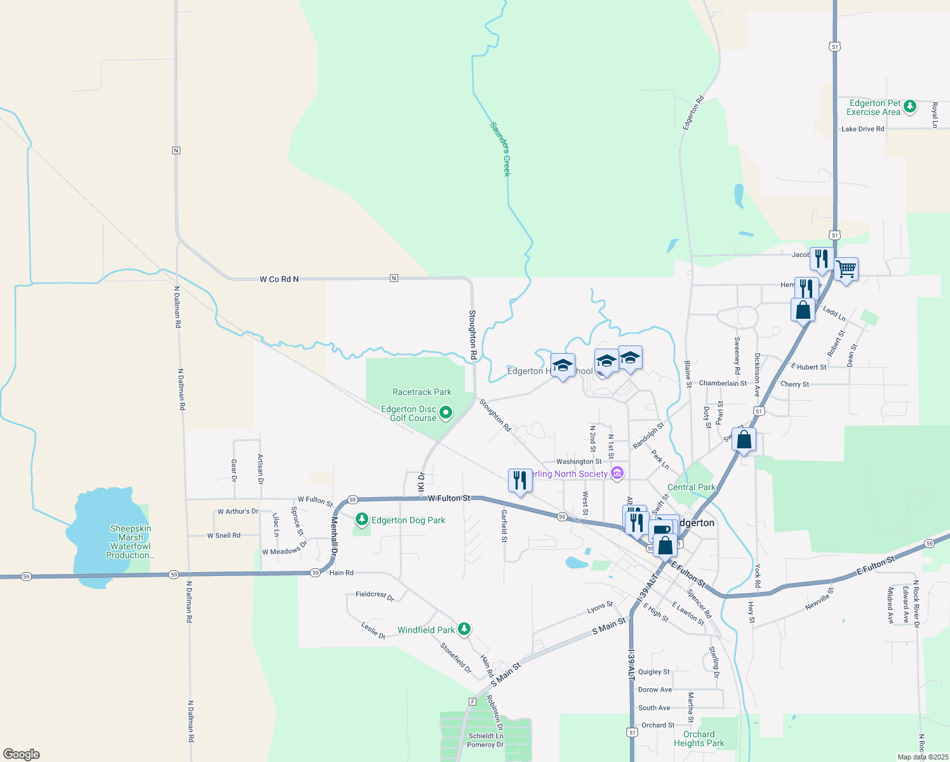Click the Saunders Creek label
500,149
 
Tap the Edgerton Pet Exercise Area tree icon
909,106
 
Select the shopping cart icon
846,269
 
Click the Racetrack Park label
422,392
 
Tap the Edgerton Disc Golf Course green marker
446,413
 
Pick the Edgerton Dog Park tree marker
361,519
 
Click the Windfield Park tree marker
464,629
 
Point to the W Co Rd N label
279,279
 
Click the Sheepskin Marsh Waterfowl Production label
130,542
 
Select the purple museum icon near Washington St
617,473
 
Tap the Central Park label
691,487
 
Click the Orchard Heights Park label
699,739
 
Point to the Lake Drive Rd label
862,129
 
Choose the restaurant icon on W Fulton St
519,480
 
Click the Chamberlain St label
723,383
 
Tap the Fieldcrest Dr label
375,596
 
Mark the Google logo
21,754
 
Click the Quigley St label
653,671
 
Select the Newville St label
819,599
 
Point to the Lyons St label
600,608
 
